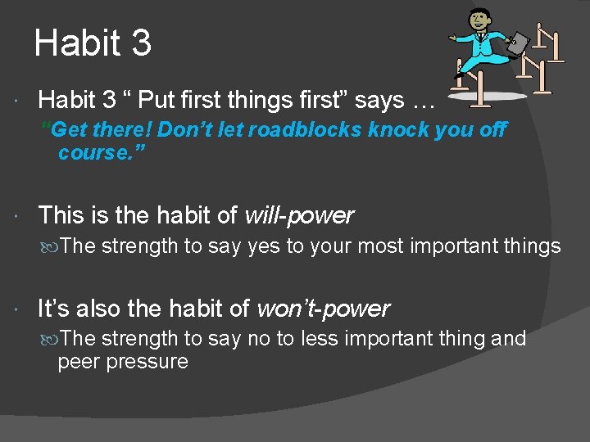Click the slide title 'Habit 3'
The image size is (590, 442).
[93, 43]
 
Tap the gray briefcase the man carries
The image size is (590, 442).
[517, 43]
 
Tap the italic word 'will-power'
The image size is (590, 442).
[299, 216]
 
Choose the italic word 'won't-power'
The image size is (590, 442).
[323, 309]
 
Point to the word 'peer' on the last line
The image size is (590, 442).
[77, 362]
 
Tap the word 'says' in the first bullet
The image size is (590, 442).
[382, 101]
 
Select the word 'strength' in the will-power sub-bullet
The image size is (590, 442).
[139, 246]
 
